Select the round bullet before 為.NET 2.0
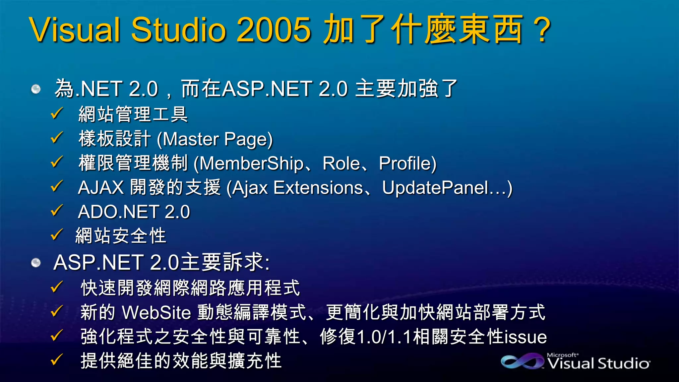point(36,89)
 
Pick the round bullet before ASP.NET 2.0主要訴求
point(36,263)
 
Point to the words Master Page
point(215,139)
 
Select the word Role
point(341,163)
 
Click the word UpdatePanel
point(435,188)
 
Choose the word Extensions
point(318,188)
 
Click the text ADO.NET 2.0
point(134,212)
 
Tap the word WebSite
point(156,312)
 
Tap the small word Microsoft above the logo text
point(562,355)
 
